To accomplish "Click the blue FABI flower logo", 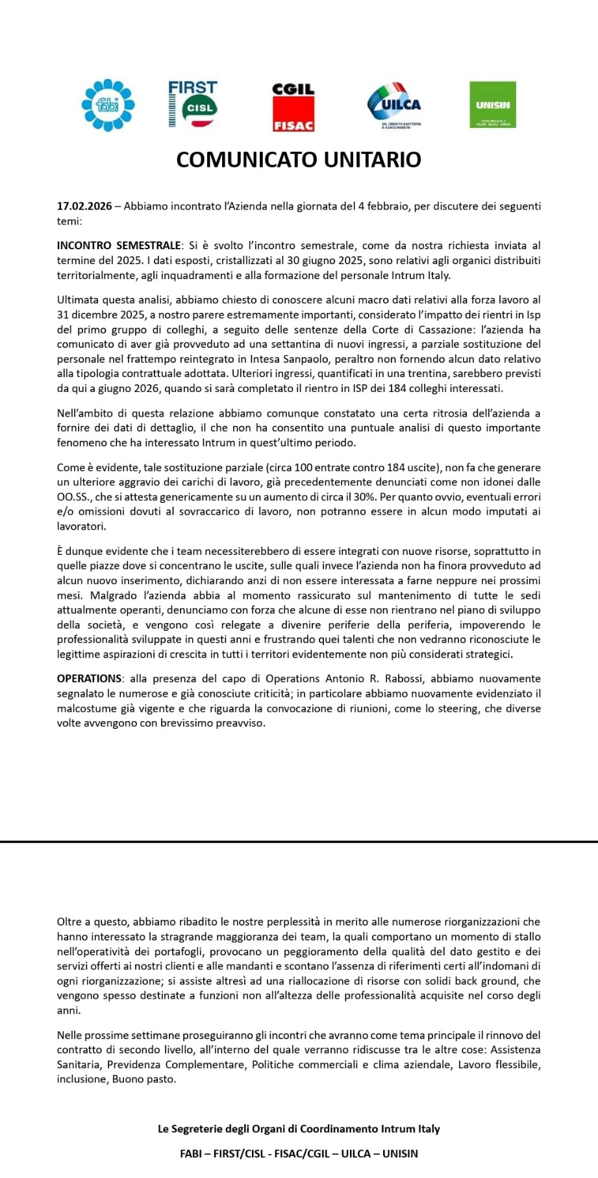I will point(108,104).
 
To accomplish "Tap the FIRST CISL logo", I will point(192,104).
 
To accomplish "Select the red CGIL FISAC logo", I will point(293,107).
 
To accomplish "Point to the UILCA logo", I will point(394,104).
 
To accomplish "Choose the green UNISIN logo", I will point(492,104).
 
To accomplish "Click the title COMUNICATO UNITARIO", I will point(299,160).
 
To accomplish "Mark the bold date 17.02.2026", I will point(84,206).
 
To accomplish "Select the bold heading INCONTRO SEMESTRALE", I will point(119,246).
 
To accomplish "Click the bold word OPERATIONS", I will point(89,679).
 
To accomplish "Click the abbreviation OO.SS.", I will point(74,497).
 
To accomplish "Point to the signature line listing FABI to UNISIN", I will point(299,1153).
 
